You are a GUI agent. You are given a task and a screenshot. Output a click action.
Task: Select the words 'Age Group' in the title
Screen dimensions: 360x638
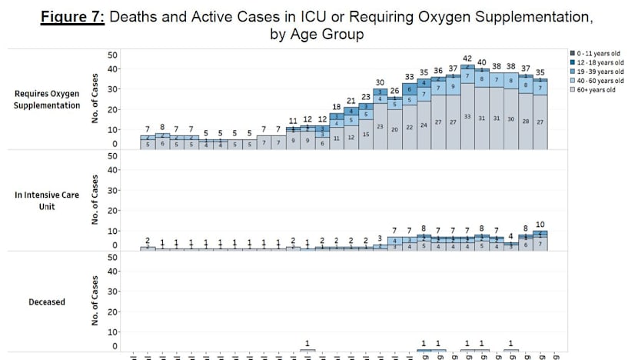[332, 34]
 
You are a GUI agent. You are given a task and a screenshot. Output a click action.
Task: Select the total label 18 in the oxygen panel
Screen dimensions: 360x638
[336, 106]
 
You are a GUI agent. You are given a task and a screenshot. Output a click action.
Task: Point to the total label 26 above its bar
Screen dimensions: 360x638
[394, 90]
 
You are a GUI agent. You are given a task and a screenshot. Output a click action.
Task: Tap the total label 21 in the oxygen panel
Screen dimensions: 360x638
[351, 100]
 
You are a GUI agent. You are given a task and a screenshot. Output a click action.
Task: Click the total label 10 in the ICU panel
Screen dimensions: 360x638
[540, 224]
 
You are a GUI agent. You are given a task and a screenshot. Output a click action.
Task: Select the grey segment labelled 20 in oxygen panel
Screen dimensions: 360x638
[394, 129]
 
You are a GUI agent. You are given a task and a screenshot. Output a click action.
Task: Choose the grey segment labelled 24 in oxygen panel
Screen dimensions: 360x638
[424, 125]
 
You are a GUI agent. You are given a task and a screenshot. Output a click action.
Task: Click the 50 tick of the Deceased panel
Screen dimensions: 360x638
[113, 257]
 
